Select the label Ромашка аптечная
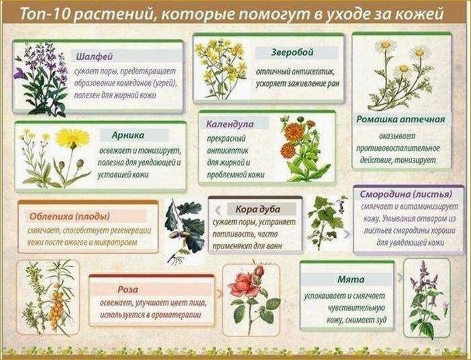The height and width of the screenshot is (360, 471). click(401, 119)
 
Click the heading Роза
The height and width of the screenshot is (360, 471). click(127, 289)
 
